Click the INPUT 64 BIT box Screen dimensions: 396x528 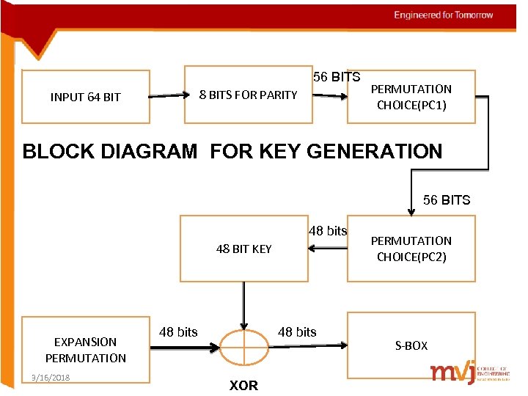tap(86, 96)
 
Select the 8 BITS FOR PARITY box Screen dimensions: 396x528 tap(248, 95)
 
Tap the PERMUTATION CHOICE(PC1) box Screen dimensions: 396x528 tap(411, 96)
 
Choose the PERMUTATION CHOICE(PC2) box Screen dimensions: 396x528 tap(411, 249)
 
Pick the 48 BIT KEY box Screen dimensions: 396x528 tap(243, 249)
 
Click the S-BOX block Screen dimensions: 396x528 tap(411, 345)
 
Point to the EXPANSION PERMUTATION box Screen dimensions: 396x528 tap(86, 350)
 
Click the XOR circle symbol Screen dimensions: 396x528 tap(244, 344)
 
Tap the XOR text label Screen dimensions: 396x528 tap(244, 385)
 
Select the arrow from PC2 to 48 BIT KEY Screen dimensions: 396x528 tap(327, 249)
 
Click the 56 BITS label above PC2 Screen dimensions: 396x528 tap(447, 199)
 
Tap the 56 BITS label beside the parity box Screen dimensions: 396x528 tap(337, 76)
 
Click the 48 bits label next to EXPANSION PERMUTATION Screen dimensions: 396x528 tap(178, 331)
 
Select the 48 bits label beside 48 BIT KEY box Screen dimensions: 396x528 tap(328, 231)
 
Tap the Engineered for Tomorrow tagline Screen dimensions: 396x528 tap(443, 15)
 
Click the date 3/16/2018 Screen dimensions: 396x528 tap(46, 377)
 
